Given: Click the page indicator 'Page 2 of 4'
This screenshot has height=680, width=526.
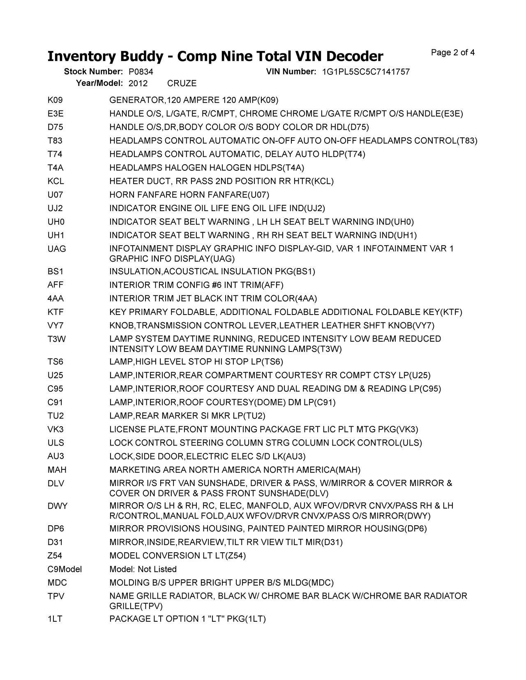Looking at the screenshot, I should coord(453,53).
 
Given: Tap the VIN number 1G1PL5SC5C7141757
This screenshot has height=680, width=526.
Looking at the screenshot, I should coord(366,72).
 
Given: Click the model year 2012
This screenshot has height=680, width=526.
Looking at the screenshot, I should coord(138,83).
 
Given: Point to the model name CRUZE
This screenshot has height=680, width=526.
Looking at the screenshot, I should coord(182,83).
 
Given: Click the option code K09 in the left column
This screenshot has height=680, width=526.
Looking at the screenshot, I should coord(55,100).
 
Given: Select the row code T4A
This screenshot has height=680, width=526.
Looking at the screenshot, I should coord(55,168).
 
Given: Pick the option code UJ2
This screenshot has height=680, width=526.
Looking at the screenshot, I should coord(55,208).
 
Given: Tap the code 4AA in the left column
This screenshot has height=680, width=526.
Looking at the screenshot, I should coord(55,298).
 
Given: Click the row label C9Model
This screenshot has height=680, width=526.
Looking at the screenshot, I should coord(65,569).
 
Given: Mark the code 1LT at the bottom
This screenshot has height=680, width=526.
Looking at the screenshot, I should coord(55,619).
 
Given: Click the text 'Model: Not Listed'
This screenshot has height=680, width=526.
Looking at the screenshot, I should coord(143,569).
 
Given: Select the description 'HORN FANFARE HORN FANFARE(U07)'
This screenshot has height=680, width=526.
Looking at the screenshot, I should coord(189,195).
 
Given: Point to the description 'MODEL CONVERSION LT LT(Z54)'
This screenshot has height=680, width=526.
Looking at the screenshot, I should coord(178,556).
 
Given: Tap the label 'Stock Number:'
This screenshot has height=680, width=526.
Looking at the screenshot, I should coord(93,72).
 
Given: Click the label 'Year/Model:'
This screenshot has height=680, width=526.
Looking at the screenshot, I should coord(99,83).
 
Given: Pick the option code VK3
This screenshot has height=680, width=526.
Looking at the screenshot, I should coord(55,430).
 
